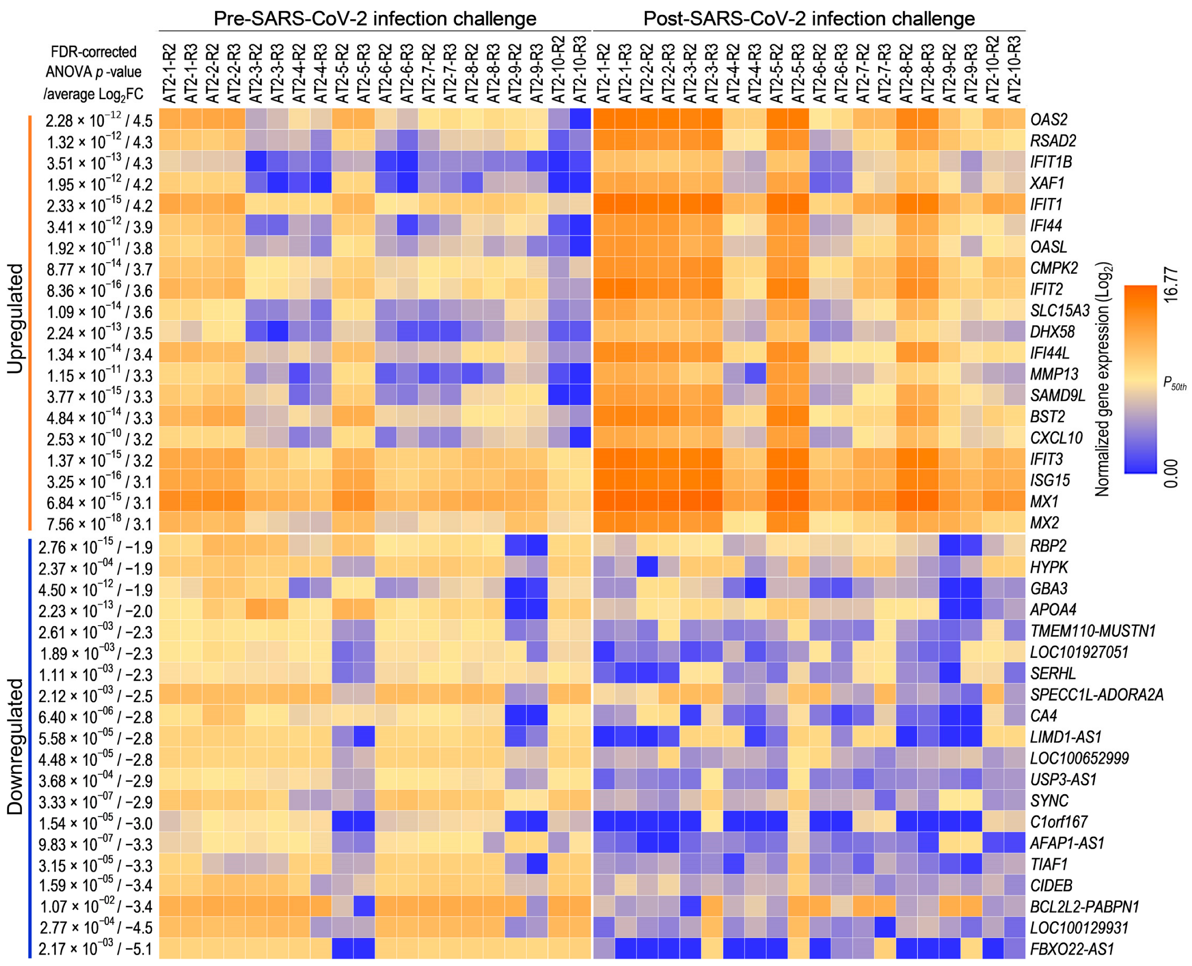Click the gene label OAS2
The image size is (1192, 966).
tap(1047, 120)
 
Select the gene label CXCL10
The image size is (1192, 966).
tap(1056, 438)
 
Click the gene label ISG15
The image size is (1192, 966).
tap(1050, 480)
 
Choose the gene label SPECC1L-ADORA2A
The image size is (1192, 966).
tap(1096, 695)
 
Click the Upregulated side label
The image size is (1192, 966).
tap(15, 319)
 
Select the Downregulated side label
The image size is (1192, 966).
tap(15, 746)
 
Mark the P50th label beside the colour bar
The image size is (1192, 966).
tap(1174, 383)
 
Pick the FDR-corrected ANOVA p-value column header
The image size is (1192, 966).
tap(93, 72)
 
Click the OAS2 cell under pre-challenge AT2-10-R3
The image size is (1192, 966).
tap(580, 120)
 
